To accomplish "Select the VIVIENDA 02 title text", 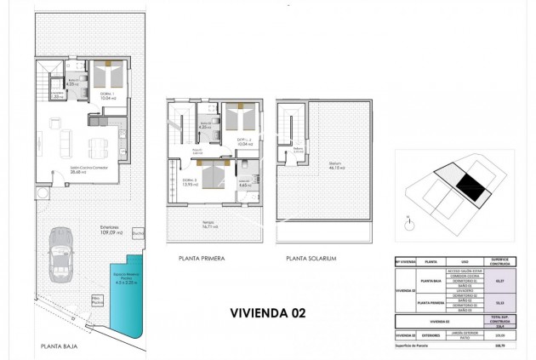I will click(x=268, y=312).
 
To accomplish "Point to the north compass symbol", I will click(x=408, y=224).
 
